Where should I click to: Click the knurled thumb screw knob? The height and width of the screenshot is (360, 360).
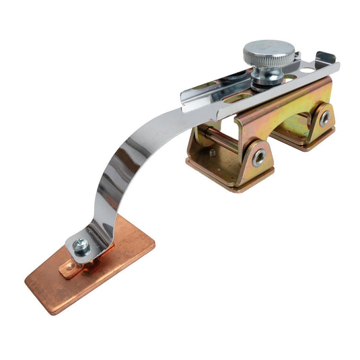point(268,52)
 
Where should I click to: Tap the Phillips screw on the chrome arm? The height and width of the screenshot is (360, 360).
point(81,247)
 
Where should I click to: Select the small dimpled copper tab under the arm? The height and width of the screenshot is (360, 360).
point(70,269)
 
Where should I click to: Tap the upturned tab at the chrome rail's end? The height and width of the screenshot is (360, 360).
point(326,59)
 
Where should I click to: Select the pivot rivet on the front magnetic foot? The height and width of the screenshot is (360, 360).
point(258,157)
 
